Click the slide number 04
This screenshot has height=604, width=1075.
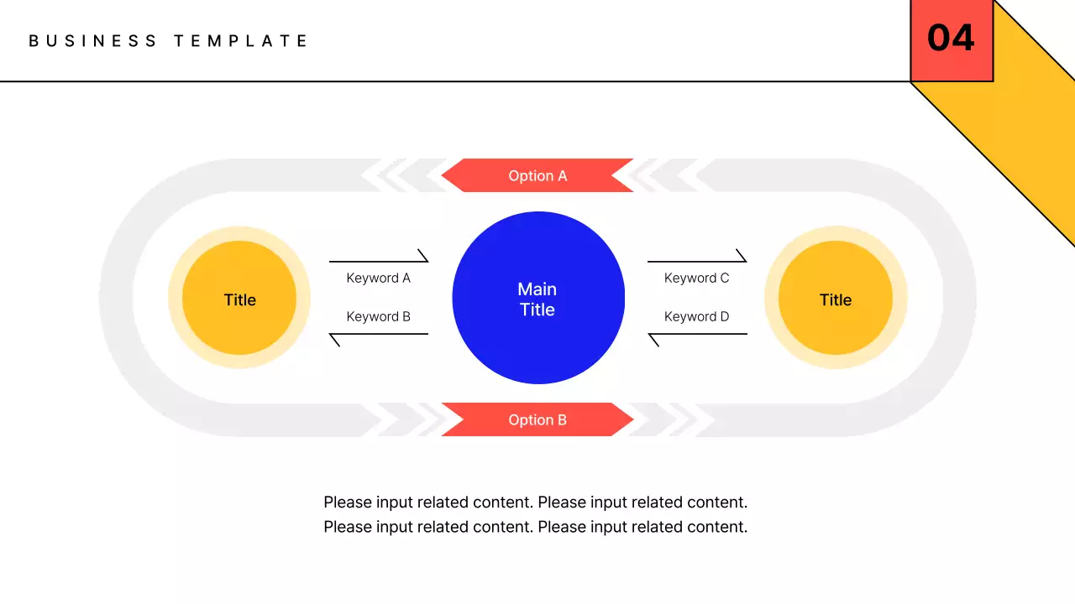point(951,39)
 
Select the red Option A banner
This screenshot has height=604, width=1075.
point(537,175)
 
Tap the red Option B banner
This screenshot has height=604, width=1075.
point(537,419)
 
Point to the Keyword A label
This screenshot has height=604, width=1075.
point(379,278)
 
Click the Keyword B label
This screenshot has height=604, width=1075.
point(379,316)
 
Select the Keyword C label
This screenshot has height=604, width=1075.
point(697,278)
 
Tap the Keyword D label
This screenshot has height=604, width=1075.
point(697,316)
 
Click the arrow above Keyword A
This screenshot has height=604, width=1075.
point(379,261)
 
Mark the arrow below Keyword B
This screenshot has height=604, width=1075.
point(379,334)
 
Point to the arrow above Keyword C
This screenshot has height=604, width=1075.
point(697,261)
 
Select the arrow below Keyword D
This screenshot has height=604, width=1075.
point(697,334)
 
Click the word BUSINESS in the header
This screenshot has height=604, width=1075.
point(93,40)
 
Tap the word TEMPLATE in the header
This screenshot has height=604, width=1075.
point(241,40)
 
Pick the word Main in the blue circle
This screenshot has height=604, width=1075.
point(537,289)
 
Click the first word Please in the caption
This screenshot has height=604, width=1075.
point(348,502)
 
